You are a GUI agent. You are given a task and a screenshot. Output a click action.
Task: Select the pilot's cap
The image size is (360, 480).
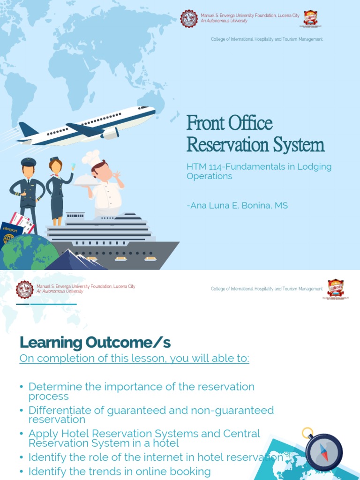[29, 162]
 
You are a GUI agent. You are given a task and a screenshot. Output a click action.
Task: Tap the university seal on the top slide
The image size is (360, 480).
[189, 19]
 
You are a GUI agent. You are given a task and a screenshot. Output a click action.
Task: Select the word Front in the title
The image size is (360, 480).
[204, 123]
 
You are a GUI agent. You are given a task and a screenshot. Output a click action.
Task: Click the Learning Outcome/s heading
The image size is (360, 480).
[95, 343]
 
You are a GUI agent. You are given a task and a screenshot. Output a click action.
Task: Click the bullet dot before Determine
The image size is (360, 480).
[22, 387]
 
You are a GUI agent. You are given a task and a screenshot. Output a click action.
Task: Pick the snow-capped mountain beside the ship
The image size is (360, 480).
[75, 260]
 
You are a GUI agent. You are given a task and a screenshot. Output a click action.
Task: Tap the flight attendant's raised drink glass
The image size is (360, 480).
[73, 166]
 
